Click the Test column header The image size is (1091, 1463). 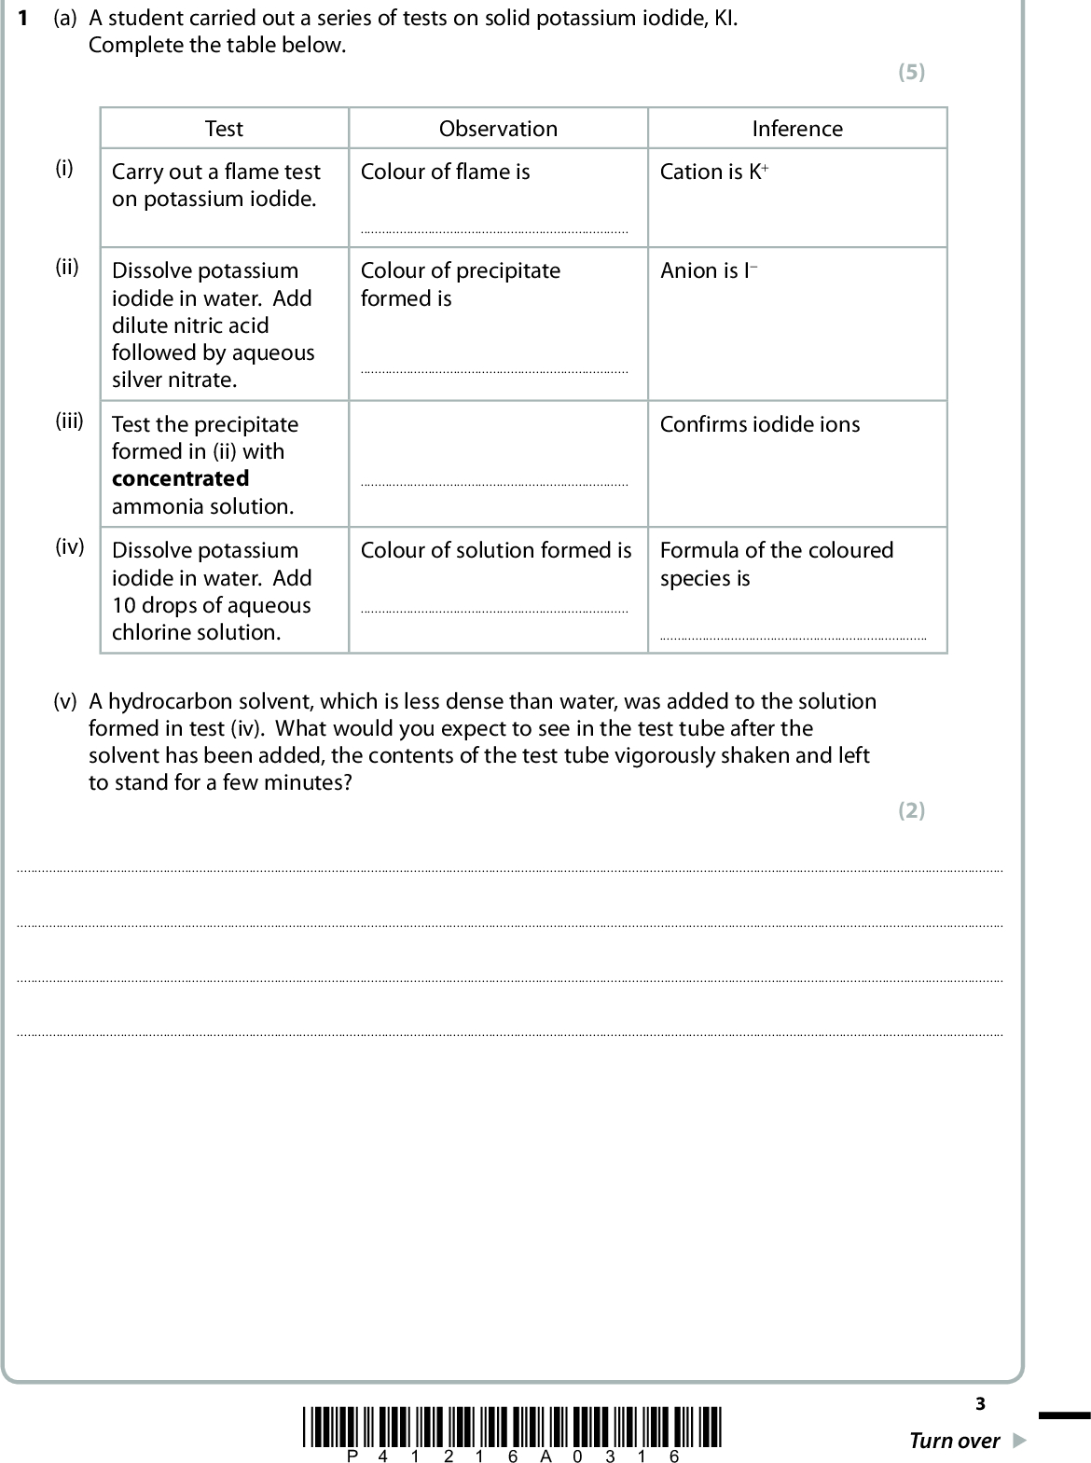pos(224,129)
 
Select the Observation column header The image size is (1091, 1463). pos(498,129)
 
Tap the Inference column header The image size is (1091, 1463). pos(797,129)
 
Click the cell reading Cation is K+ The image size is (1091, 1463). pos(714,173)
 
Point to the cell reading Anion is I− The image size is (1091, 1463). pos(709,271)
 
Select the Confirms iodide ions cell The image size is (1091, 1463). pos(760,425)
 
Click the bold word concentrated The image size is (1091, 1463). pos(180,479)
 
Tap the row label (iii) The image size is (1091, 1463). pos(69,421)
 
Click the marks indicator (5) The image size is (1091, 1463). pos(911,73)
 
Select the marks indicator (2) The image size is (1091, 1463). pos(911,810)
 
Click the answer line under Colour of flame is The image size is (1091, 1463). pos(494,231)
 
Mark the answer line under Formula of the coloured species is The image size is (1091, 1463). pos(793,638)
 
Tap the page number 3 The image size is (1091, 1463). pos(980,1403)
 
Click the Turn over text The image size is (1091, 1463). pos(954,1442)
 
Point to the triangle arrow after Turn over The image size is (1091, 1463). pos(1019,1442)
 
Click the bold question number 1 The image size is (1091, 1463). pos(22,19)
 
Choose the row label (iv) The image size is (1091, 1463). pos(69,546)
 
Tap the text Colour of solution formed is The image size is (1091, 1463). pos(496,551)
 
